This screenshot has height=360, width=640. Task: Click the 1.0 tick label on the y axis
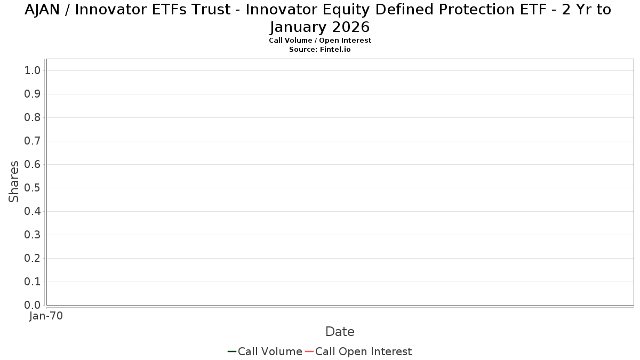click(33, 70)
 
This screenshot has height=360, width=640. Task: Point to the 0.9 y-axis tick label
click(33, 94)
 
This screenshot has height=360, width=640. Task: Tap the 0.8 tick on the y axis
click(33, 117)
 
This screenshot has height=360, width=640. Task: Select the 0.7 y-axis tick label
click(33, 141)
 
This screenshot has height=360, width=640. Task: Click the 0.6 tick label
click(33, 164)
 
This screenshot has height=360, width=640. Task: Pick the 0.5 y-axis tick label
click(33, 188)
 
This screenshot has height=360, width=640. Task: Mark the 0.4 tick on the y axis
click(33, 211)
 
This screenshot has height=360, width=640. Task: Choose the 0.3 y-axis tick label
click(33, 235)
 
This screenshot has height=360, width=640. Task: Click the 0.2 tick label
click(33, 258)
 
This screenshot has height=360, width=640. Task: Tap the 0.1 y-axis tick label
click(33, 282)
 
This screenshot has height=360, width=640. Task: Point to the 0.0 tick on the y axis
click(33, 305)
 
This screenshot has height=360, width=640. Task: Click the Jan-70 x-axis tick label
click(46, 316)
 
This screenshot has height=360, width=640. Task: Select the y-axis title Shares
click(14, 182)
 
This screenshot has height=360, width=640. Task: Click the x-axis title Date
click(340, 332)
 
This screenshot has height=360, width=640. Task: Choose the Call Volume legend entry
click(265, 351)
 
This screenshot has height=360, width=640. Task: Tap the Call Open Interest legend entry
click(358, 351)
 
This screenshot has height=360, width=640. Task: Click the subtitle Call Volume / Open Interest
click(320, 41)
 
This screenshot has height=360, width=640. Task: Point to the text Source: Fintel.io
click(320, 50)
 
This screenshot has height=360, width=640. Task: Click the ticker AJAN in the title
click(42, 10)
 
